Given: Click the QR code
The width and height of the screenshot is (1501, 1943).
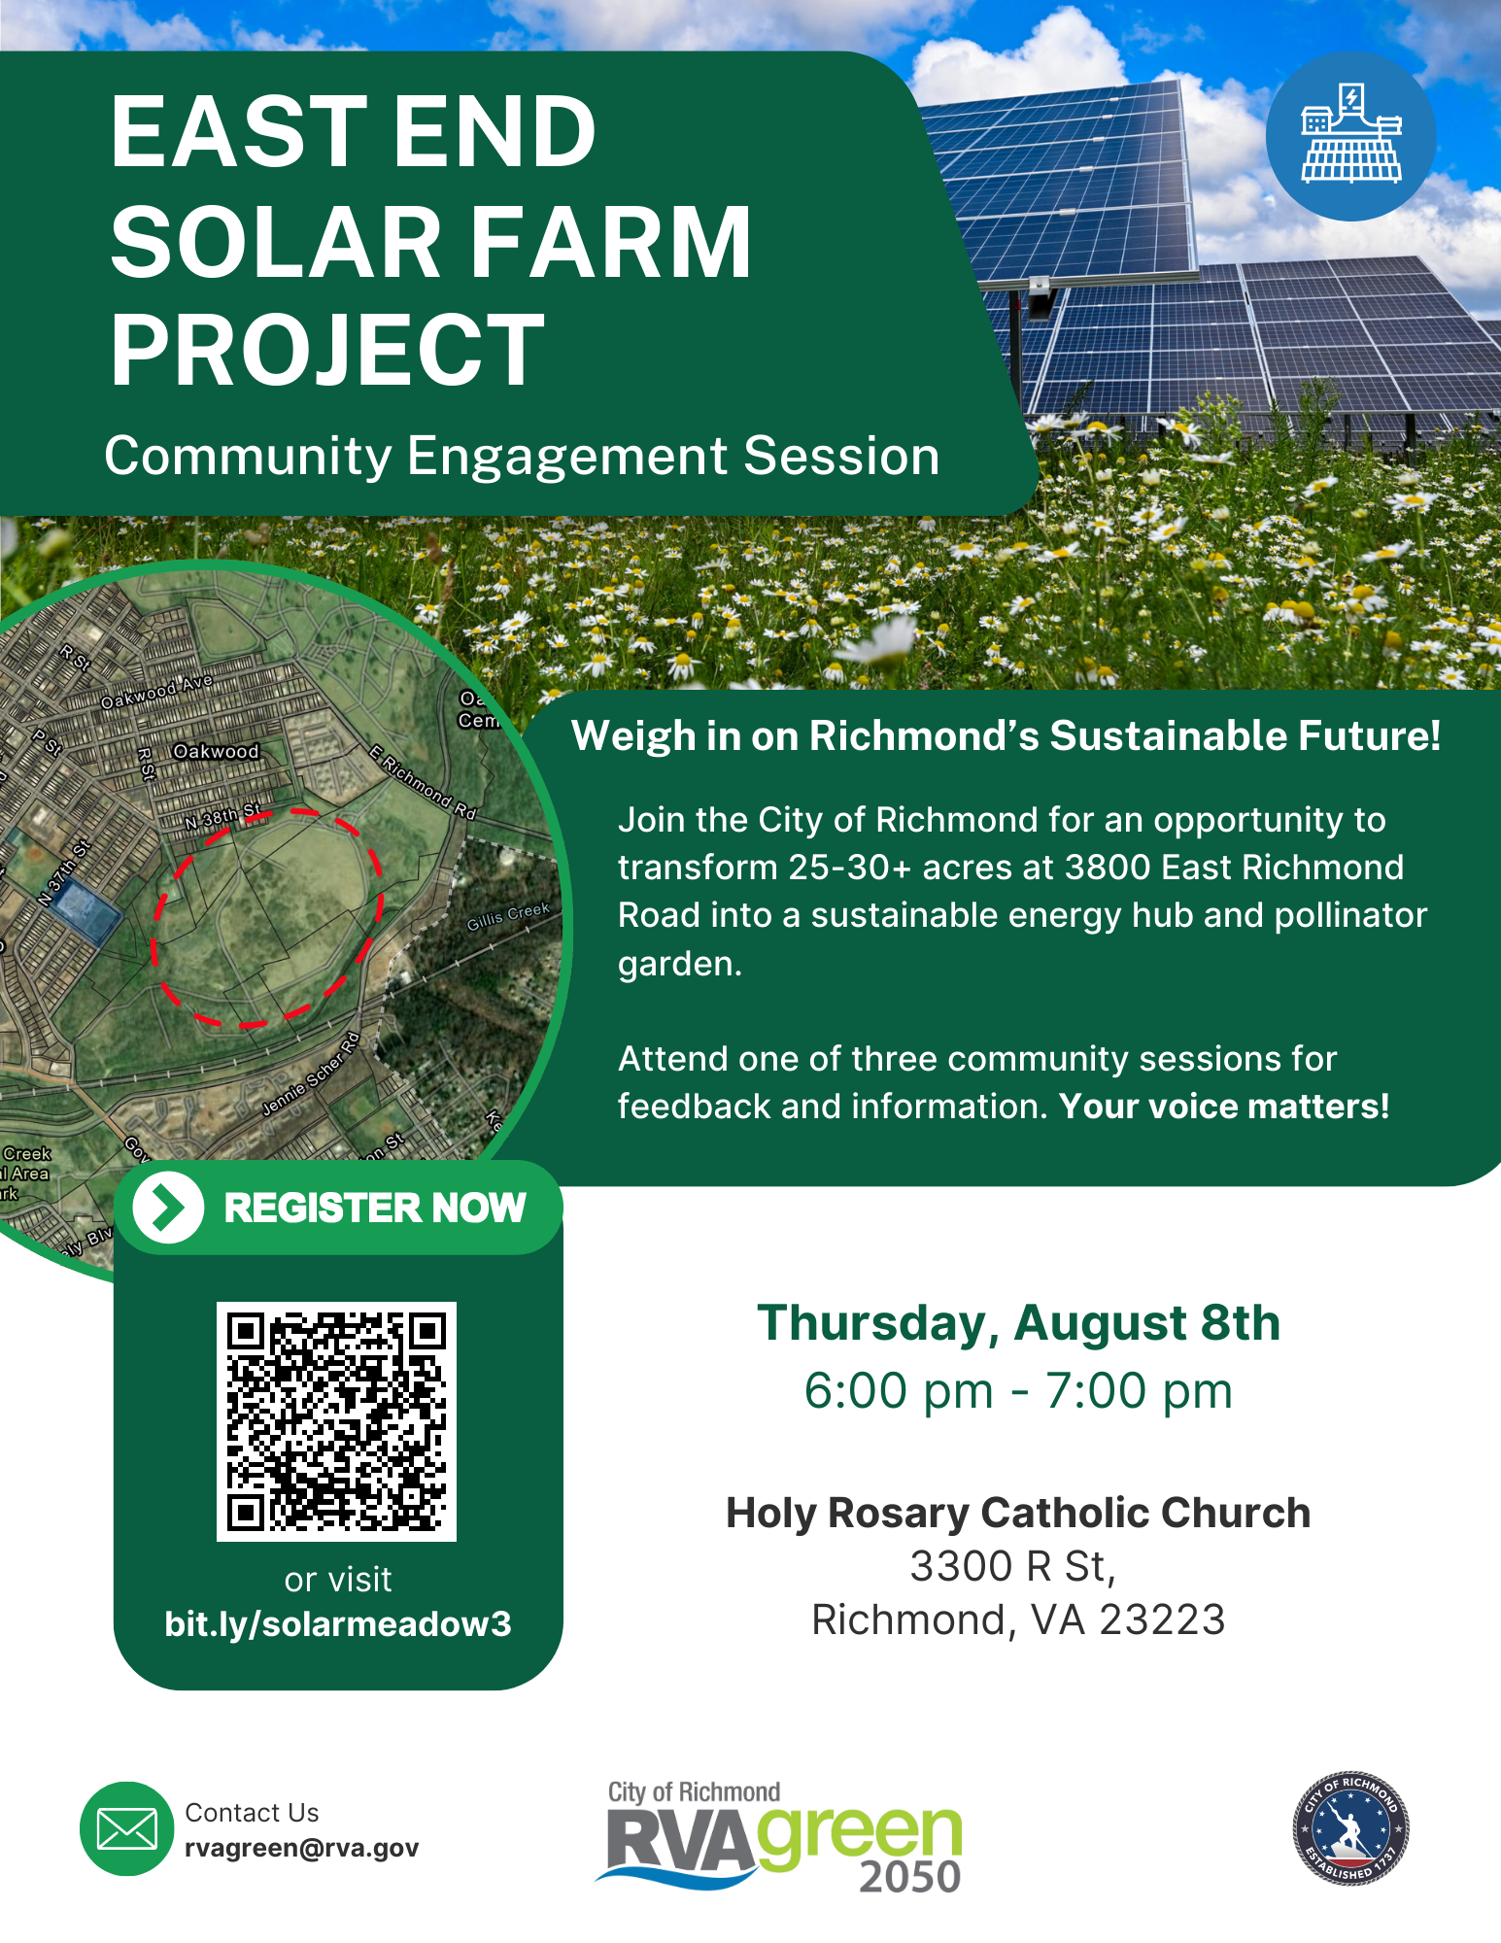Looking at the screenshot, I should coord(336,1420).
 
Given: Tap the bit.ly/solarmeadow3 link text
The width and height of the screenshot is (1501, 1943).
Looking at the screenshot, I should coord(338,1623).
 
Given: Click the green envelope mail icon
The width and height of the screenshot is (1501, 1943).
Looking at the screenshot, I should coord(126,1828).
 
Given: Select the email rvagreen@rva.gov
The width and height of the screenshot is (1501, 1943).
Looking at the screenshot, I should coord(301,1848).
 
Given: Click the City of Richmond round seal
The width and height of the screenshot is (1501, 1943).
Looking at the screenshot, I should coord(1349,1828).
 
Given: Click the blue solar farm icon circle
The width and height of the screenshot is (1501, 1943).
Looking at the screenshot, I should coord(1350,136).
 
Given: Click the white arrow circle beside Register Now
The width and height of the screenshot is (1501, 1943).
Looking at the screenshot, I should coord(168,1208).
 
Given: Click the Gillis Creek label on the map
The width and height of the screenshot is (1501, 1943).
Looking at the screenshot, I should coord(508,915).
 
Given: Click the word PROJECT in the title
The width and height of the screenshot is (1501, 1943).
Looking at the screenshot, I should coord(327,350).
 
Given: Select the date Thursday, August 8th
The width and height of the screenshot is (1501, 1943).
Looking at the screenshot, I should coord(1018,1323).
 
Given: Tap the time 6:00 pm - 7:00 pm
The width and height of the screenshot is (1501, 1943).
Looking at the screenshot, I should coord(1018,1390).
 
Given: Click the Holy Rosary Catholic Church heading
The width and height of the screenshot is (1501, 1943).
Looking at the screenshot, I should coord(1018,1513).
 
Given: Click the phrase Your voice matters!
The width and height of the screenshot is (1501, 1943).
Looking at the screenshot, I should coord(1224,1106).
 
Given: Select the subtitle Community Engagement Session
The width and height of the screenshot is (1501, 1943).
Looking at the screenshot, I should coord(522,456).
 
